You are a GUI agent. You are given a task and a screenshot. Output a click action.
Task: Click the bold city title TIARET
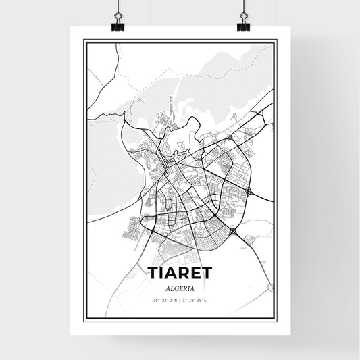click(180, 273)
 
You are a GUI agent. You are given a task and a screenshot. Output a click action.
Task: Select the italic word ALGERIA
click(180, 286)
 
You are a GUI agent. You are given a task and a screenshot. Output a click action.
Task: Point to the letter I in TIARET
click(161, 273)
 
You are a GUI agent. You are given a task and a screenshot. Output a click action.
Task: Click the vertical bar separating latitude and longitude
click(180, 299)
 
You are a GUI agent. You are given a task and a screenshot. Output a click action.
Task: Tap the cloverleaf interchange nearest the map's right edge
click(251, 192)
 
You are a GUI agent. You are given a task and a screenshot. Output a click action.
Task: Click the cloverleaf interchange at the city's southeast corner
click(234, 232)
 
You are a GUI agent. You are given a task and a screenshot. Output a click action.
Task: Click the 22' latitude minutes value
click(164, 299)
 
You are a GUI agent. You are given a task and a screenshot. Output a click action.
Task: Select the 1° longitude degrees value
click(185, 299)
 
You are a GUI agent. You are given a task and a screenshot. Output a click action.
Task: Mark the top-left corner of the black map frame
click(84, 41)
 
